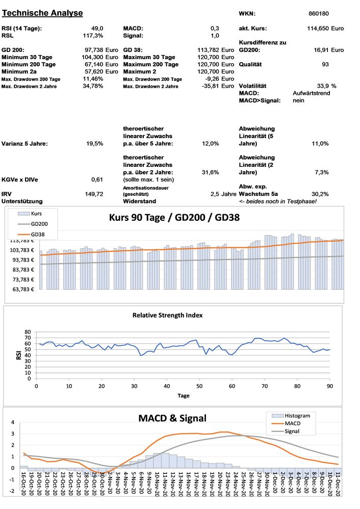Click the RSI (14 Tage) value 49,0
click(x=97, y=29)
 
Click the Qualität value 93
click(x=325, y=64)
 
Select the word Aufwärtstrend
click(x=312, y=93)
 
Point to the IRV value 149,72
click(x=94, y=194)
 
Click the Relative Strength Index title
click(x=167, y=315)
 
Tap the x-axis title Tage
click(x=184, y=395)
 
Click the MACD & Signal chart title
click(x=172, y=418)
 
